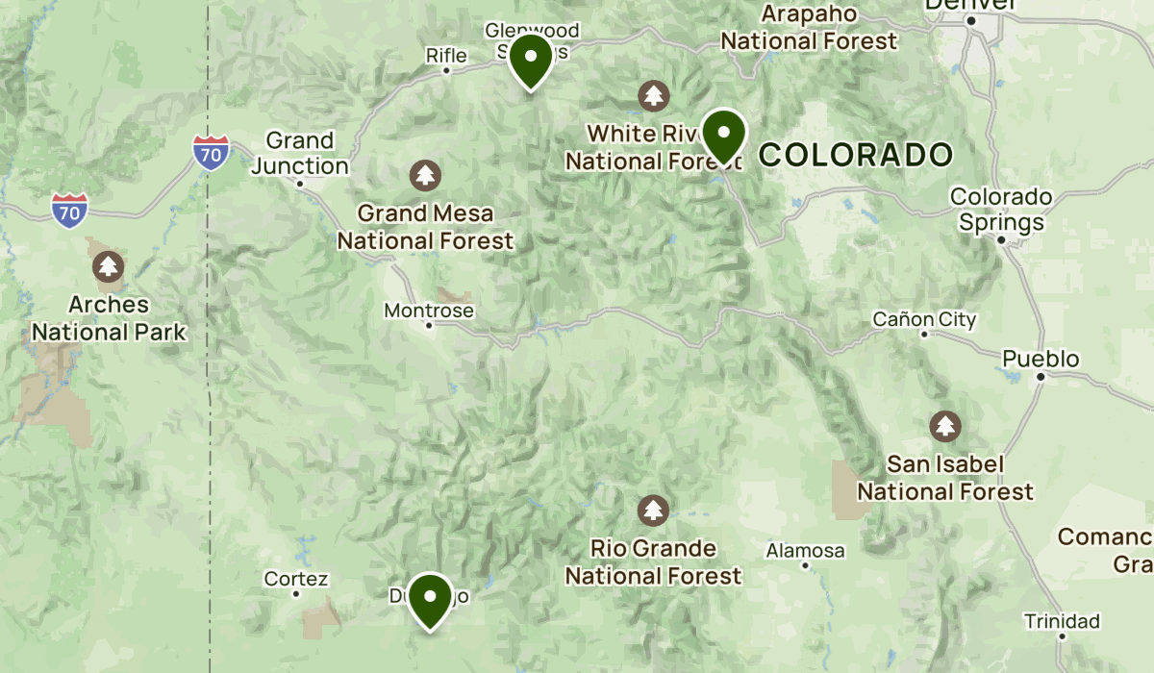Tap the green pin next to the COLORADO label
tap(723, 136)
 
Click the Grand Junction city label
tap(300, 154)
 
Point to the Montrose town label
tap(429, 311)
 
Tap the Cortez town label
tap(296, 579)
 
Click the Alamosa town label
tap(805, 551)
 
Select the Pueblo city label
tap(1041, 360)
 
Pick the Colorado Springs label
tap(1001, 210)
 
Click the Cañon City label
tap(924, 319)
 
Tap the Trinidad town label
tap(1062, 620)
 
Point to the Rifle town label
tap(446, 56)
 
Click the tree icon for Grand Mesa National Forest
tap(425, 175)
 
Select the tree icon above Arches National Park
tap(108, 266)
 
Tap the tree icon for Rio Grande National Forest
tap(654, 510)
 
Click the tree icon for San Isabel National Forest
tap(945, 426)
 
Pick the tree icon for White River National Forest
tap(654, 95)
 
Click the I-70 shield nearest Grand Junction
tap(211, 152)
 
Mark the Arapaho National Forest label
tap(809, 28)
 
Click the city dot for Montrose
tap(430, 325)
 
